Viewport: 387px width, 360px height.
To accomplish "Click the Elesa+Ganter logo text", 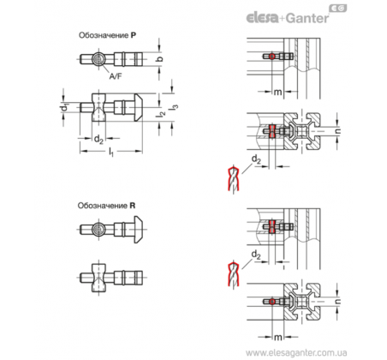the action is [288, 18].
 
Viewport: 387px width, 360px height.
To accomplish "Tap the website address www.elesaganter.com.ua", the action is [296, 352].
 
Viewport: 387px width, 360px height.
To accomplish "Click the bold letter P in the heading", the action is [134, 35].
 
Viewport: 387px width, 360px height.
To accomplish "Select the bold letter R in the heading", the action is [133, 206].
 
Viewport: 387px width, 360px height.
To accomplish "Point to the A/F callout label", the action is [116, 76].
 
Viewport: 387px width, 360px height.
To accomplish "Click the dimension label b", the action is [160, 58].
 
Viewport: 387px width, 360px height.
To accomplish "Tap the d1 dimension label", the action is [64, 108].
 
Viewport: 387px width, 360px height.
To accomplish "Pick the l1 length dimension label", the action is [111, 152].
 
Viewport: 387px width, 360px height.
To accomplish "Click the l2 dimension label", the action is [160, 113].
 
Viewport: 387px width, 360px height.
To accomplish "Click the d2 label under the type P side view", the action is [98, 140].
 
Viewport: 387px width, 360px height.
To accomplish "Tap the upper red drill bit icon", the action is [234, 179].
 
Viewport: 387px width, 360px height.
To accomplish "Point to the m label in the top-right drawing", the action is [277, 92].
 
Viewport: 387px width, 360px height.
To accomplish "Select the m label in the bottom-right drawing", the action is [277, 338].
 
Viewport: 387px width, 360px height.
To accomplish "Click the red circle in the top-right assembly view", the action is [272, 57].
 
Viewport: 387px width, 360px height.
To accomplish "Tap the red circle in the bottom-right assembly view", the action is [272, 302].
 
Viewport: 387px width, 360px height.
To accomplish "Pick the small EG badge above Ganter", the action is [338, 9].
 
